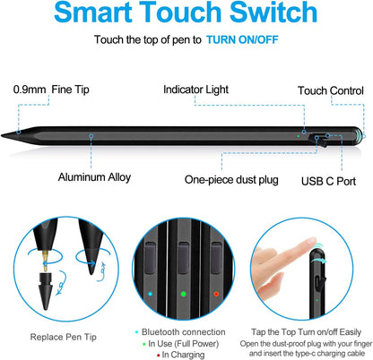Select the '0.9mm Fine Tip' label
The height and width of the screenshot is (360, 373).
coord(53,90)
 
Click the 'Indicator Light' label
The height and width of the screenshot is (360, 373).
coord(198,90)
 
